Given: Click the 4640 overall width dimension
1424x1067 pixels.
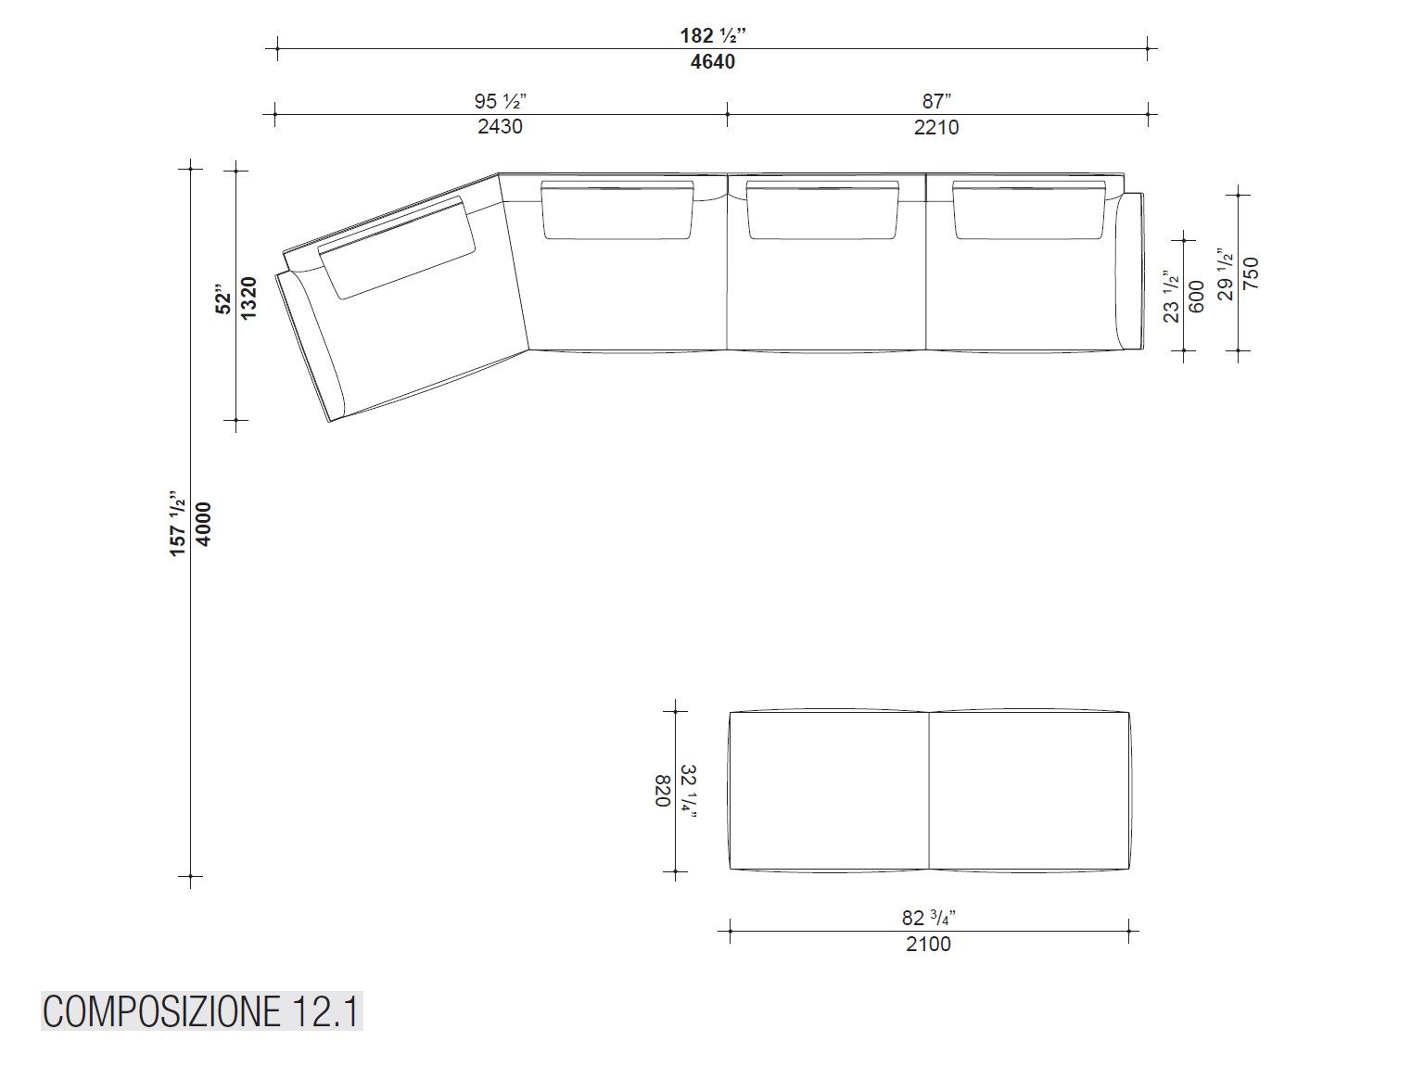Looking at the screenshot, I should [x=712, y=62].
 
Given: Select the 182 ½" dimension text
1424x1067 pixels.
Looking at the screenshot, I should [x=712, y=36].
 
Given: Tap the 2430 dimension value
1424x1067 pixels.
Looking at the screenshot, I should [x=500, y=127].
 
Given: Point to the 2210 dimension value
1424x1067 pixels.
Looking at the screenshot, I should [x=936, y=127].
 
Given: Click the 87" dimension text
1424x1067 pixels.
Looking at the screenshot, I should [x=936, y=101].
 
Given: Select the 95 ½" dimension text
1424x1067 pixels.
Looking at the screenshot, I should [x=501, y=101].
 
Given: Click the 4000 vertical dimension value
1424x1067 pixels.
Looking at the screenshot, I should [x=203, y=524].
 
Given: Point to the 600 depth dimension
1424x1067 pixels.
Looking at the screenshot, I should [x=1196, y=296].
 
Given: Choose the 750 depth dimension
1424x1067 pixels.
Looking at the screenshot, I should [x=1251, y=273].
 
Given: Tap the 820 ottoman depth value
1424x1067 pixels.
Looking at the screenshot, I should [x=663, y=791].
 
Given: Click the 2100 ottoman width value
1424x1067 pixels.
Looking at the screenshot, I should [x=928, y=945].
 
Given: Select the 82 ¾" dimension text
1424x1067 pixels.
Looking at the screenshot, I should [x=928, y=918].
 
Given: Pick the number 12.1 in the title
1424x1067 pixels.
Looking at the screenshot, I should [x=325, y=1011].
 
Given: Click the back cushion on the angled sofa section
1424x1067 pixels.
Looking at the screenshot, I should [x=397, y=247].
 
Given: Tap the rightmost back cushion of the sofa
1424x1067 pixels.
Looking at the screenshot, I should [x=1028, y=210].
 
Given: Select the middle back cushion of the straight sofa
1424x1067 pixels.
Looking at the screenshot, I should [x=822, y=210].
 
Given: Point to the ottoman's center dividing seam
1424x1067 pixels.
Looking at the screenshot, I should [x=929, y=791].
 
